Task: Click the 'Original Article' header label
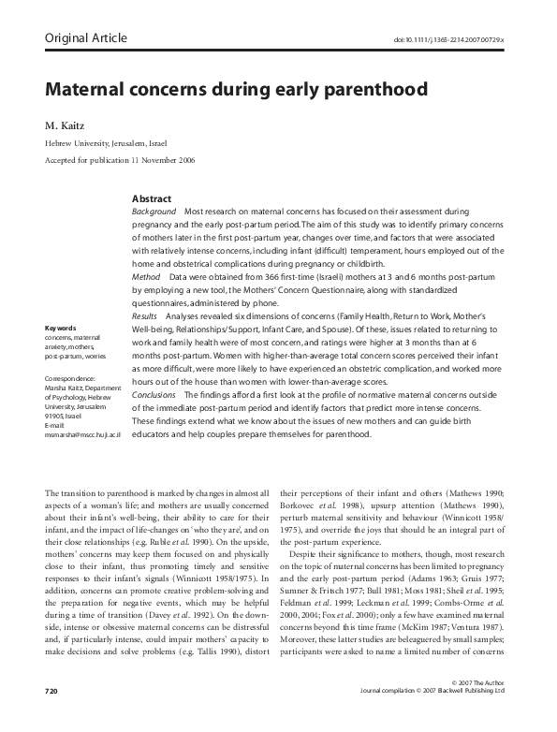click(x=85, y=38)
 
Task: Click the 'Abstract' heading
click(x=152, y=199)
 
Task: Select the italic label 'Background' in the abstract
click(x=154, y=212)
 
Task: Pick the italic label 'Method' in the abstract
click(x=146, y=278)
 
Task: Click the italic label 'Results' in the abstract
click(x=147, y=316)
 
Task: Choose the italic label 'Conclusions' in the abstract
click(x=154, y=395)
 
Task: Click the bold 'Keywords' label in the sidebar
click(x=60, y=328)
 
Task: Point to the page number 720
click(x=51, y=716)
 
